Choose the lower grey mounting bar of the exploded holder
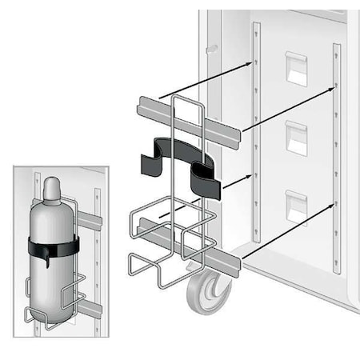188,249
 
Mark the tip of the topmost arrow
254,60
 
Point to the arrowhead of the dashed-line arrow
254,175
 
